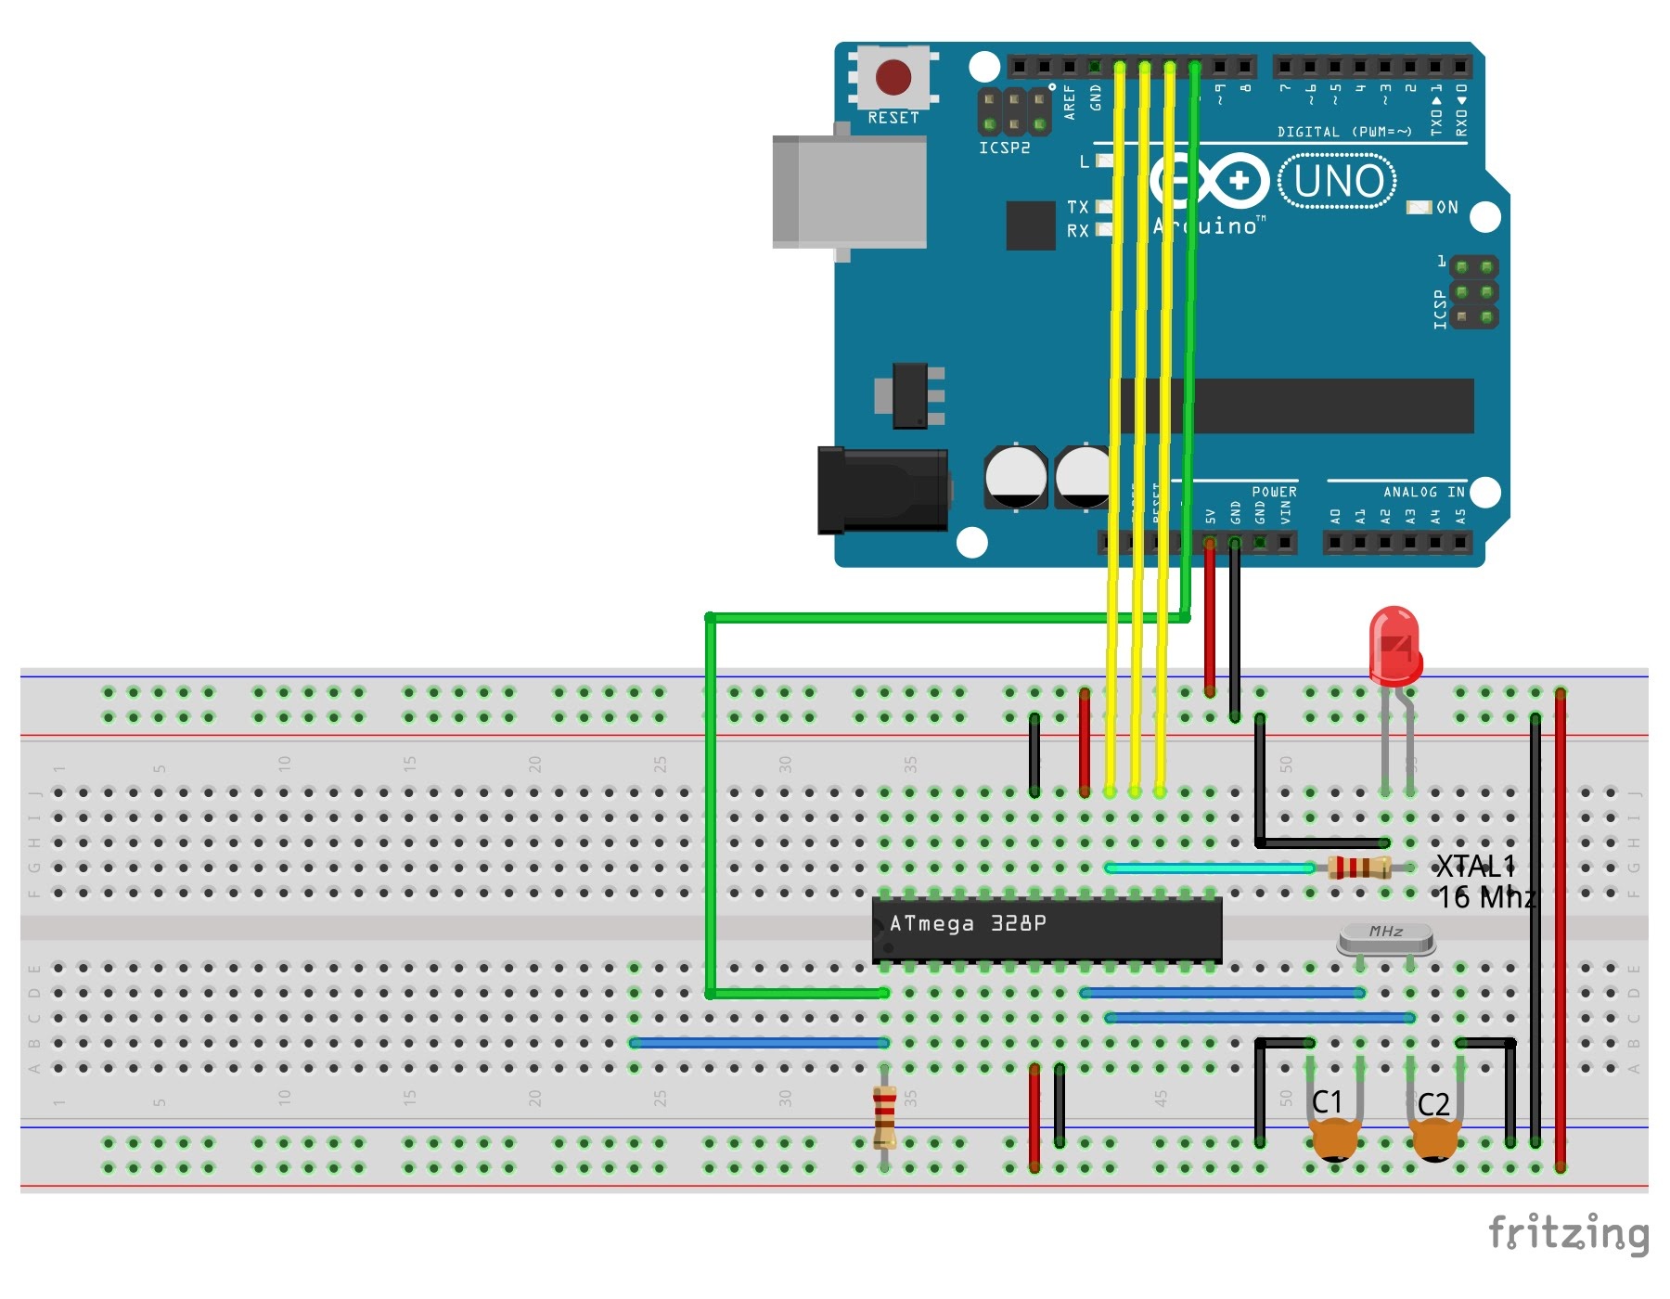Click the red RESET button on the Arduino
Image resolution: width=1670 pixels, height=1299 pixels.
pos(893,78)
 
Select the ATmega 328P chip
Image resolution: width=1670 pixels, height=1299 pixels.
pos(1047,929)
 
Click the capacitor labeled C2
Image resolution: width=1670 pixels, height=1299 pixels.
pos(1434,1139)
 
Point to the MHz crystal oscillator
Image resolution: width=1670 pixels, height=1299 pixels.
pos(1386,940)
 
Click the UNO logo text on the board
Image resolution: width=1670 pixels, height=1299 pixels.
pos(1337,182)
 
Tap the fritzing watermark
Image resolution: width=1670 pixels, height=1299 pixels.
pos(1568,1233)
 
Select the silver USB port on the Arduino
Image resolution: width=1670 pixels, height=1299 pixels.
pos(850,192)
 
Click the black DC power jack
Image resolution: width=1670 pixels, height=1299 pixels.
pos(881,490)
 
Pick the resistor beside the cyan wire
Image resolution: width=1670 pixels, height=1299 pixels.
pos(1359,868)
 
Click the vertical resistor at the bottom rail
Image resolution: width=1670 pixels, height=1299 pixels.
pos(885,1117)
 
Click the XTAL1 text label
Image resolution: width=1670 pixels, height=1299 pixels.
pos(1474,867)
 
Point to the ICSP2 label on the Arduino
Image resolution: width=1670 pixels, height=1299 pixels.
pos(1004,148)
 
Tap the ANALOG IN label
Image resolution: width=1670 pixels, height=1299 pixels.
pos(1423,492)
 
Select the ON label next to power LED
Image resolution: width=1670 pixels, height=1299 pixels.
pos(1446,207)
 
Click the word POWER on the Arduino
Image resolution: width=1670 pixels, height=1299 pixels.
pos(1274,492)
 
